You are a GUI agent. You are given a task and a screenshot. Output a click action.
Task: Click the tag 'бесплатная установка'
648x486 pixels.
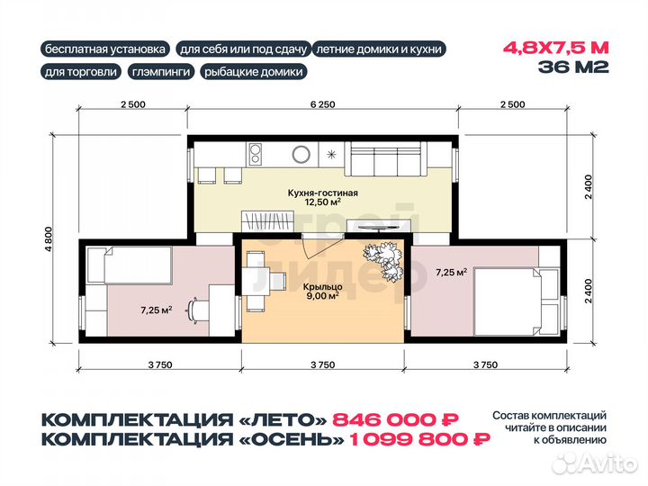[x=105, y=49]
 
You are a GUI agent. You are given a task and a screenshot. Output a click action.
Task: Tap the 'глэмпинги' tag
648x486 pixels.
[x=161, y=71]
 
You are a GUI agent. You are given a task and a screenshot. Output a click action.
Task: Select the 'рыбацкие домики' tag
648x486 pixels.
[x=254, y=71]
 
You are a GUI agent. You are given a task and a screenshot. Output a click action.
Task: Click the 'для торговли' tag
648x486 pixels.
[x=81, y=71]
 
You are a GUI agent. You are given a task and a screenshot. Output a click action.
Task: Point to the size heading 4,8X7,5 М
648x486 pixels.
[x=556, y=48]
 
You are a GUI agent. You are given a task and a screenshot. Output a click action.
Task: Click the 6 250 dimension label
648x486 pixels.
[x=323, y=104]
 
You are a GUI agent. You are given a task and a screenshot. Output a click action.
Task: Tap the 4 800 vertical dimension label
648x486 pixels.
[x=49, y=239]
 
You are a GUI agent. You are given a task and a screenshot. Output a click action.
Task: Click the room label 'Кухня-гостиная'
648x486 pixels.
[x=323, y=193]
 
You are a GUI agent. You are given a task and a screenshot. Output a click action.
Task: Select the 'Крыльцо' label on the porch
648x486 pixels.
[x=323, y=287]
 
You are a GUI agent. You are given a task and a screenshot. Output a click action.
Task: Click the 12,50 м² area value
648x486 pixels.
[x=323, y=202]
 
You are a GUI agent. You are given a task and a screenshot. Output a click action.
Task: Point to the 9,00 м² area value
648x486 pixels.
[x=323, y=296]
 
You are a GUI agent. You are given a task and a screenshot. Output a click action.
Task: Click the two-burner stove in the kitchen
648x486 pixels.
[x=256, y=154]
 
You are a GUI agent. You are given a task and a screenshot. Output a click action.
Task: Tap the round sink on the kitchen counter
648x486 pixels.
[x=301, y=155]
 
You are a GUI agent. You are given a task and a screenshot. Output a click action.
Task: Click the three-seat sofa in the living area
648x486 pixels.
[x=386, y=158]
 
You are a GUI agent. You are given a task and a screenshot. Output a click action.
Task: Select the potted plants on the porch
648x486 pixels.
[x=383, y=261]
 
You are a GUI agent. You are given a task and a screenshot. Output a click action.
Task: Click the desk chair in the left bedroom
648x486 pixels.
[x=198, y=309]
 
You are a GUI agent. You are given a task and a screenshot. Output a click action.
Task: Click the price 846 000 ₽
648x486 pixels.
[x=395, y=420]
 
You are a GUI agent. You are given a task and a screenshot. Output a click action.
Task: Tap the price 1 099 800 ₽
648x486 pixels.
[x=420, y=439]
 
